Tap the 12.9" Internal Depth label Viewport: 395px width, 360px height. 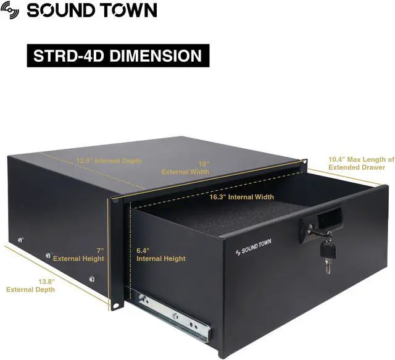[x=109, y=161]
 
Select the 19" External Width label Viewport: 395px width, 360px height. [x=186, y=168]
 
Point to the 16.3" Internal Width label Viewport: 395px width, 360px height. [x=241, y=197]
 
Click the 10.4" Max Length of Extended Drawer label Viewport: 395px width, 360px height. [x=361, y=163]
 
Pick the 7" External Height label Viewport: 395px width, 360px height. [x=78, y=254]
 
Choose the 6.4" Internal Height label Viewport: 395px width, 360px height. [x=160, y=254]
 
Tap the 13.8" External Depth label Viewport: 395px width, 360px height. [x=30, y=285]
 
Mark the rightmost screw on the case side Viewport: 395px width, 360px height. [x=92, y=279]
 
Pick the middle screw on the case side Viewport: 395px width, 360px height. [x=48, y=254]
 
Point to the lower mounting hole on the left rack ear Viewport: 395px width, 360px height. [x=115, y=304]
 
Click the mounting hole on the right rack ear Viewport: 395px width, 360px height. [x=305, y=162]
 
